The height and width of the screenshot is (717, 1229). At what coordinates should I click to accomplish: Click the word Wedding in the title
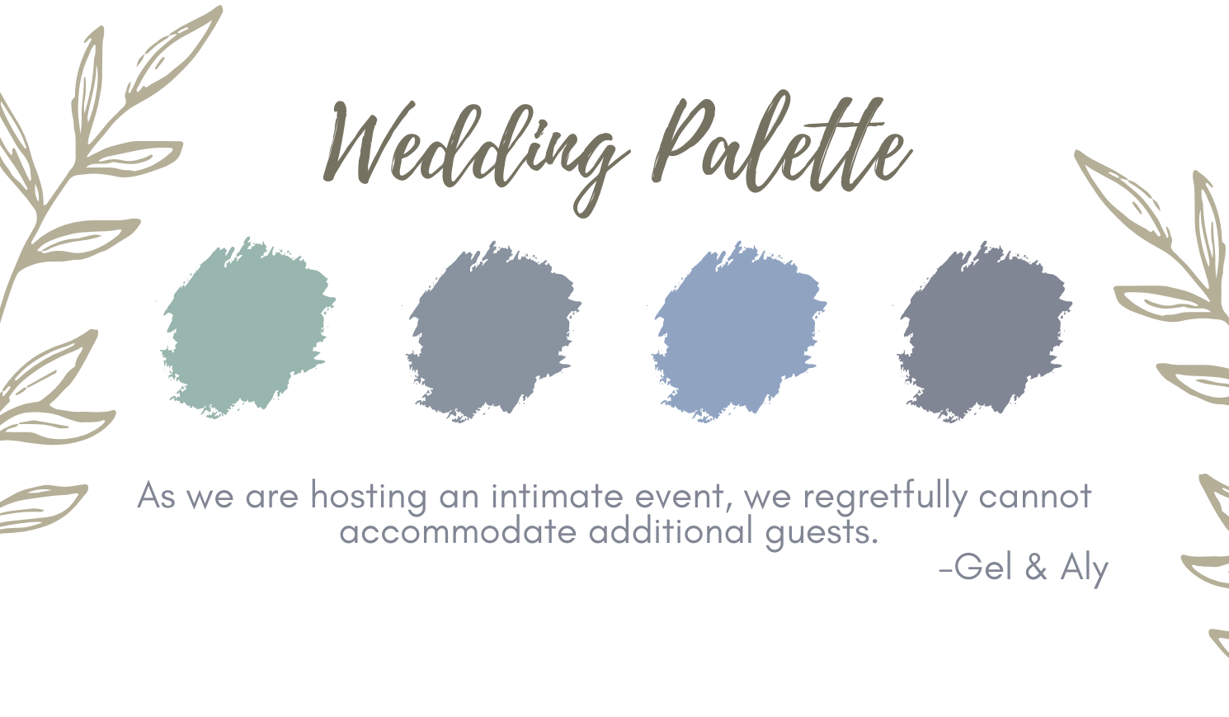(476, 153)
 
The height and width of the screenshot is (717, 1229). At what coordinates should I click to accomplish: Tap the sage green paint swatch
(248, 328)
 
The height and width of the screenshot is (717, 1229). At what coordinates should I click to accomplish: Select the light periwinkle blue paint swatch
(740, 331)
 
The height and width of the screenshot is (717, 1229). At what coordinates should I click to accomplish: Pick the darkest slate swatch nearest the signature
(985, 331)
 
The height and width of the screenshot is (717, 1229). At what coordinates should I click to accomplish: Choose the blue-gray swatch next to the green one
(494, 331)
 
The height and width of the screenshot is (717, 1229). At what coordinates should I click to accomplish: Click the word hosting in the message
(369, 498)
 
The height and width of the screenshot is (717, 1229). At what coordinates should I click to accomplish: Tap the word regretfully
(884, 498)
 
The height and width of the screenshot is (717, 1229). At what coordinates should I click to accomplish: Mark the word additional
(671, 531)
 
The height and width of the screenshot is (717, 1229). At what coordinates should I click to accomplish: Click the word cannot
(1035, 497)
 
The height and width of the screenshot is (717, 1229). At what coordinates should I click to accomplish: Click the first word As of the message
(157, 495)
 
